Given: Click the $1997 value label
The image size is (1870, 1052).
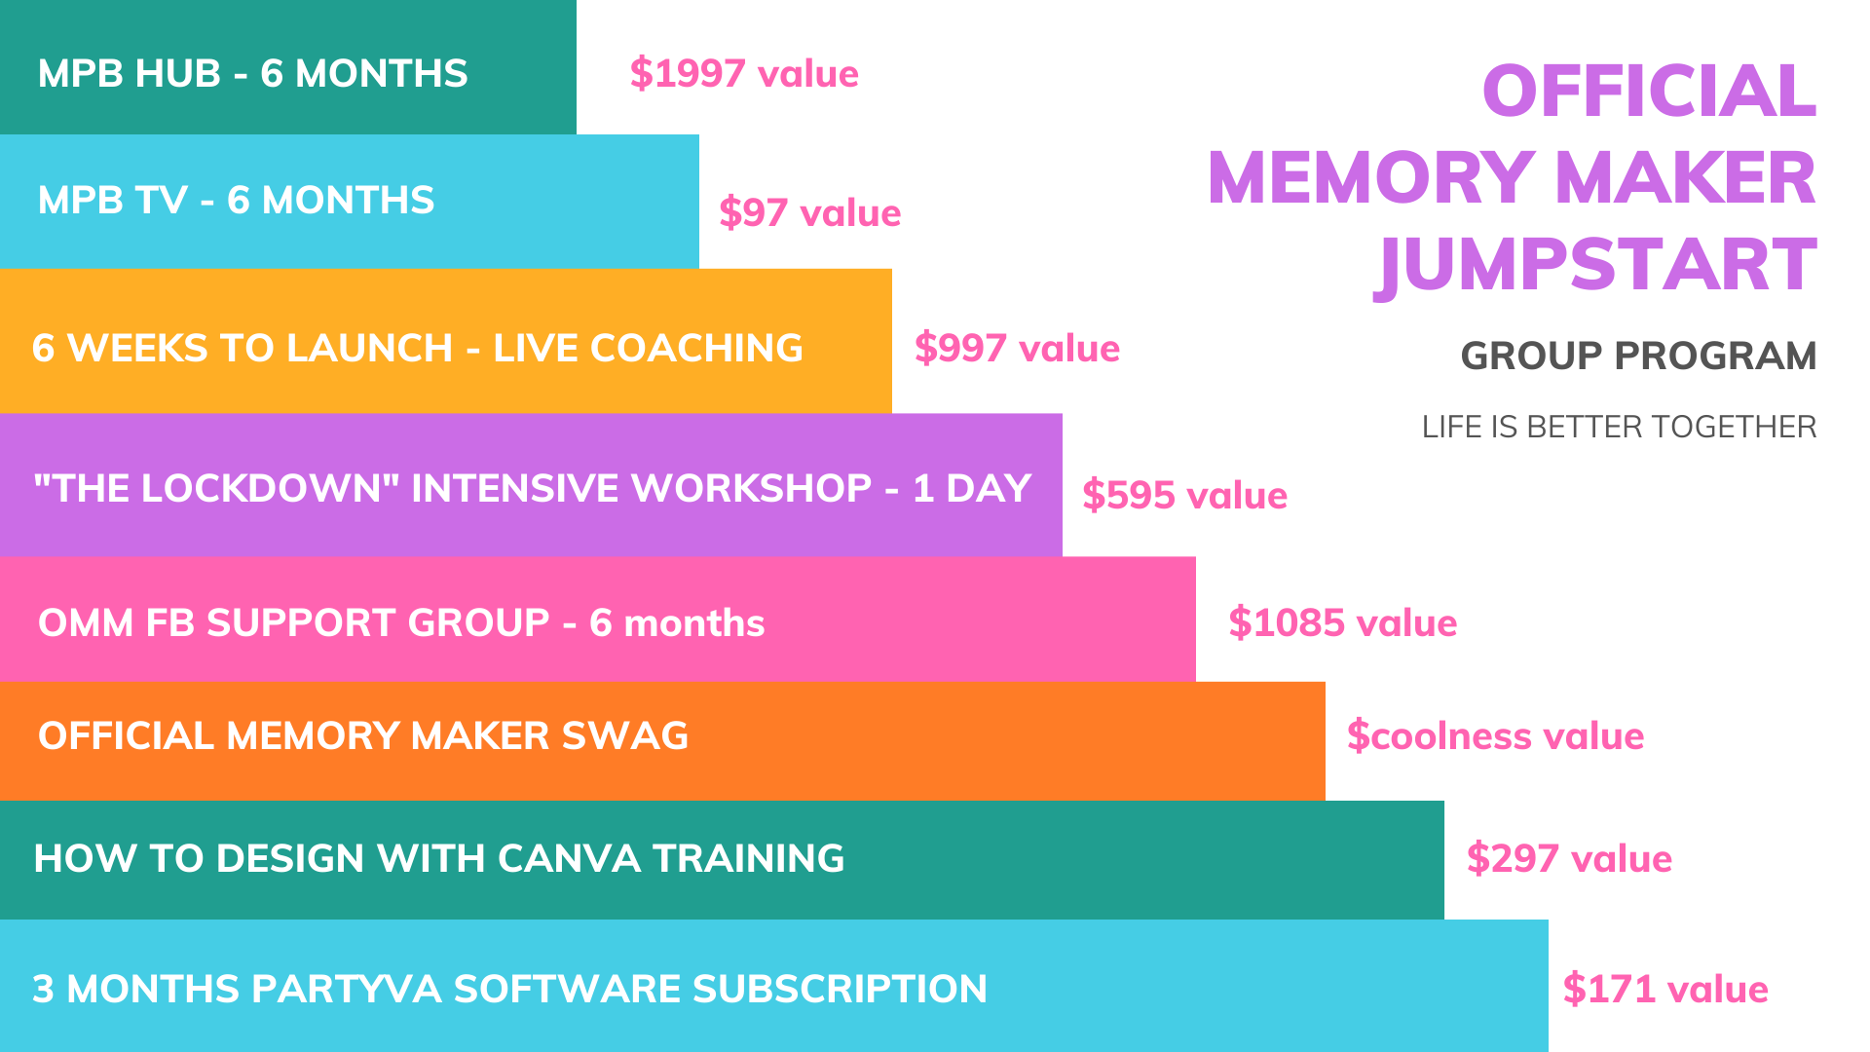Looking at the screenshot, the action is [744, 74].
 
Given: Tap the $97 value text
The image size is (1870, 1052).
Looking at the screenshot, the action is [810, 213].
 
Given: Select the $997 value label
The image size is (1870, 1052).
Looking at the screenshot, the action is [1017, 349].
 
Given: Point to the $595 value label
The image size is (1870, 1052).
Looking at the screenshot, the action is [1185, 496].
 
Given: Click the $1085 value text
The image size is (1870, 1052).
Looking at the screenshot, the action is [1343, 623].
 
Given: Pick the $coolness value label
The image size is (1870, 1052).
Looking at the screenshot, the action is [1496, 736].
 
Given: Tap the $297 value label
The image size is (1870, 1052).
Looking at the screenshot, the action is [1570, 859].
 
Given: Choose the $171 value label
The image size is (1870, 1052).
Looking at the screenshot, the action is [1665, 990].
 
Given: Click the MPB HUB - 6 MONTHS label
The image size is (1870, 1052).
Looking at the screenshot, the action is [253, 74].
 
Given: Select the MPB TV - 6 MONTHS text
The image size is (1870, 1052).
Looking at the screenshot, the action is [237, 201].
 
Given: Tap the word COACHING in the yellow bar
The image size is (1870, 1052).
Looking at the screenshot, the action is [696, 349].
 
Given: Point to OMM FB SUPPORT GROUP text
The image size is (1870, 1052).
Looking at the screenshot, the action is [294, 623].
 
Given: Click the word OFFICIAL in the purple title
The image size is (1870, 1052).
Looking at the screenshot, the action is [1649, 92].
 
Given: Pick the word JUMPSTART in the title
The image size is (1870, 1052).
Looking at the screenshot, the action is [1595, 265].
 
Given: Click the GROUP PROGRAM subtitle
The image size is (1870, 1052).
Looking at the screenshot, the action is [1638, 357].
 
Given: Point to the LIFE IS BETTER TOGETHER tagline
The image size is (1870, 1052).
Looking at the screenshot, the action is [1619, 428].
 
